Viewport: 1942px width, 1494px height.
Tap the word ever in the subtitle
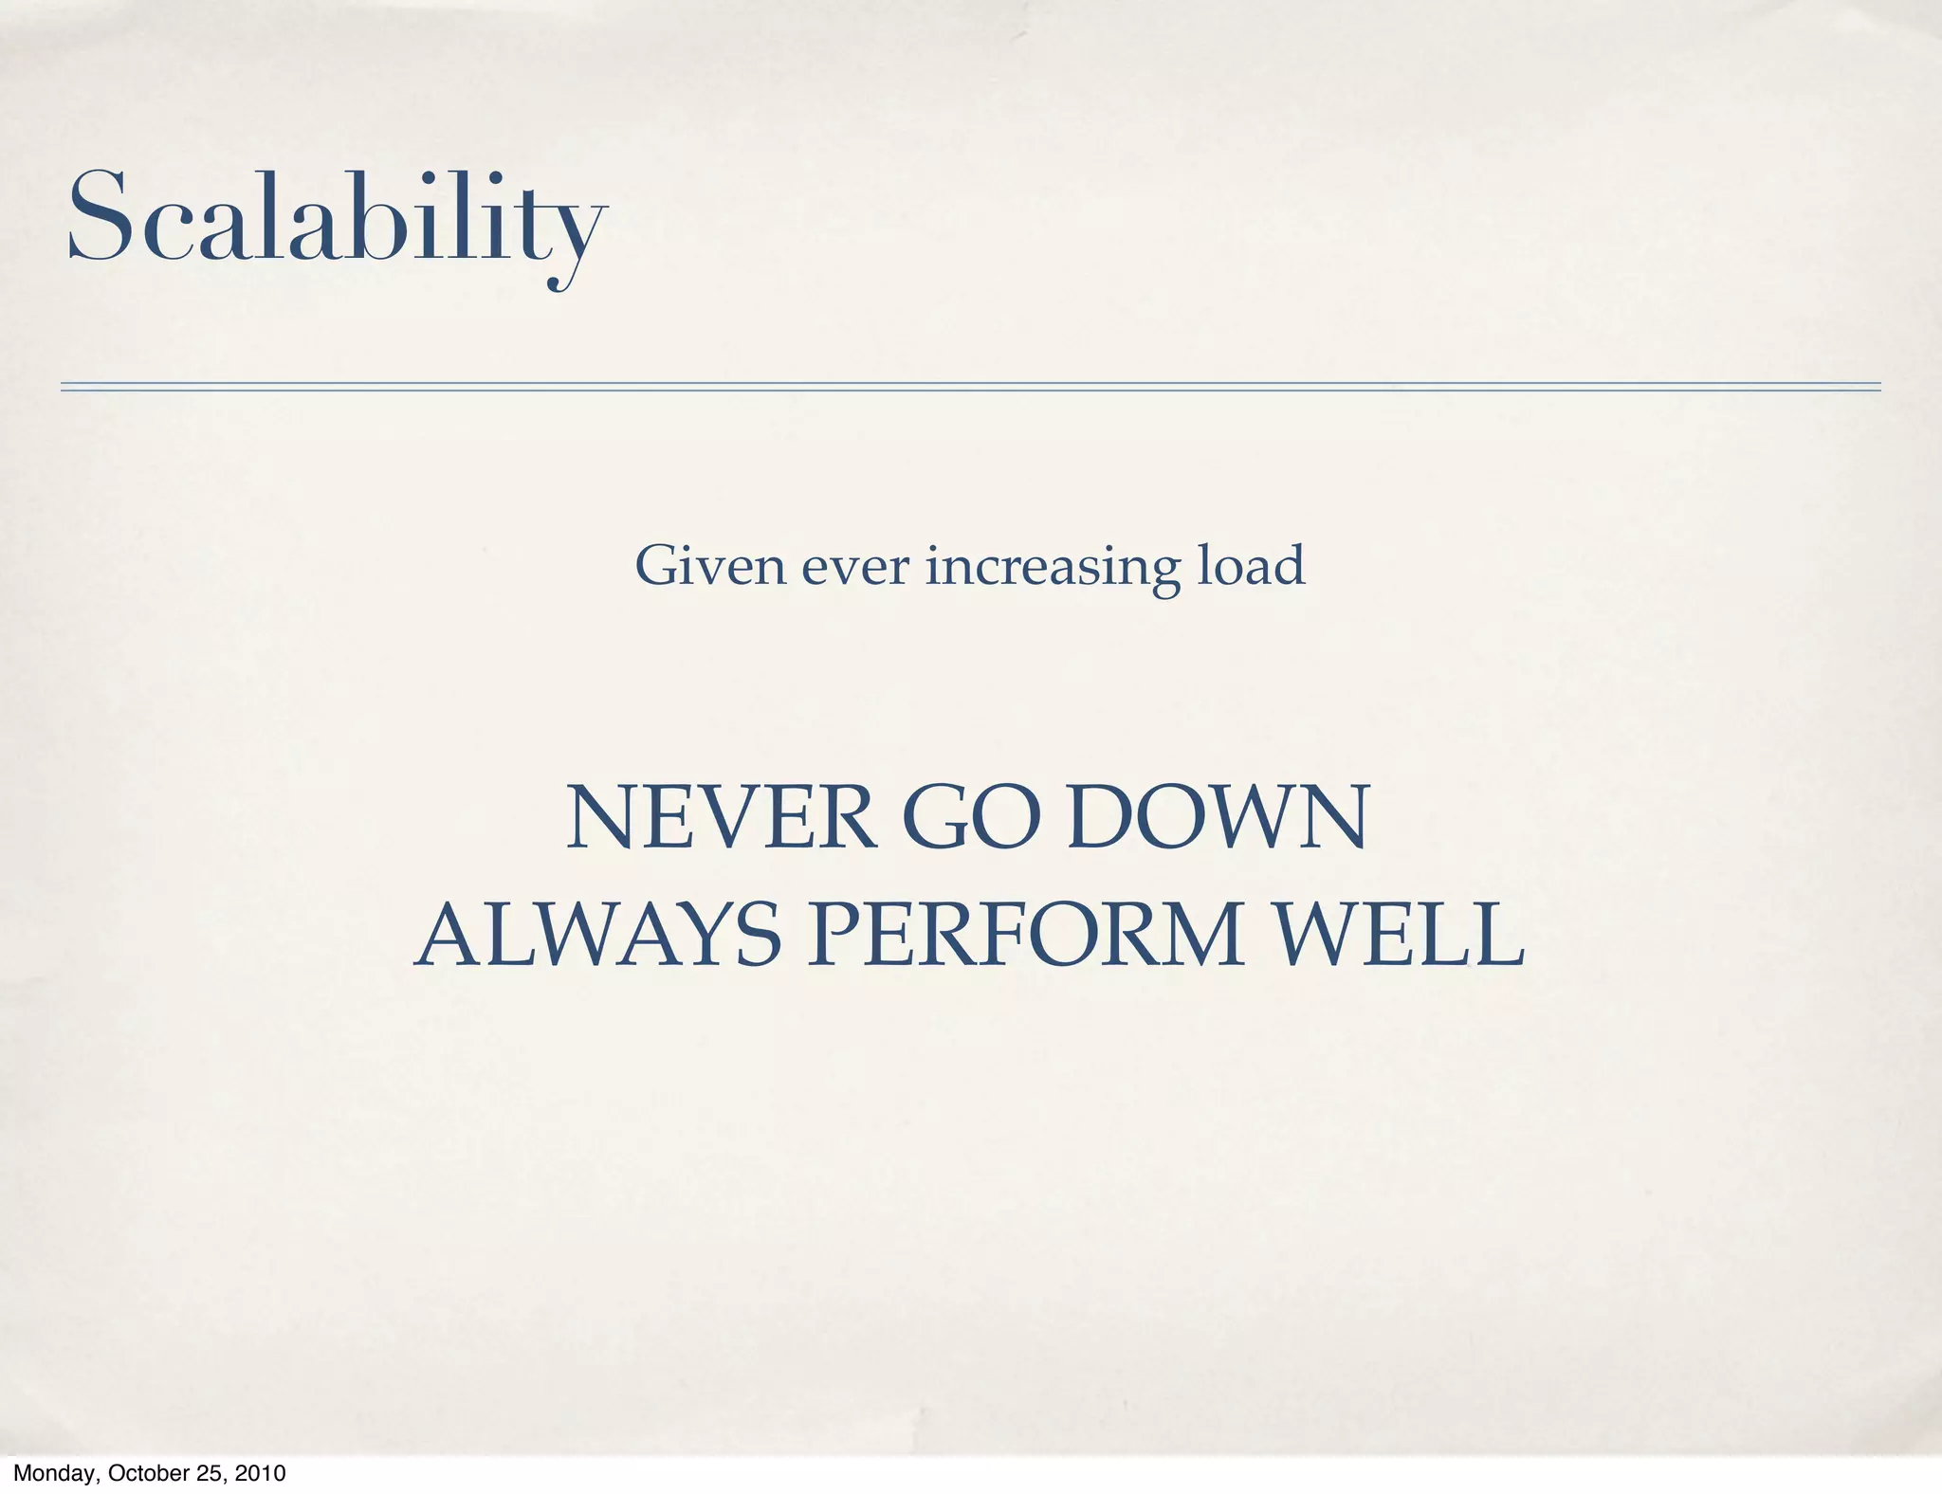(855, 568)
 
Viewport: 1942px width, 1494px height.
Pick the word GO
(972, 818)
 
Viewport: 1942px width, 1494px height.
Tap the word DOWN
(1219, 818)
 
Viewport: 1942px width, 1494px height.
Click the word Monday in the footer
(53, 1474)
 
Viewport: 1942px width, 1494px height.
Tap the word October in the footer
(149, 1474)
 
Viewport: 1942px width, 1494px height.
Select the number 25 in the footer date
(211, 1474)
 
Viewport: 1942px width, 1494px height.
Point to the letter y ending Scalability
(576, 237)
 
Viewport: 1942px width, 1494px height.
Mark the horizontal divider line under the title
(970, 387)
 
